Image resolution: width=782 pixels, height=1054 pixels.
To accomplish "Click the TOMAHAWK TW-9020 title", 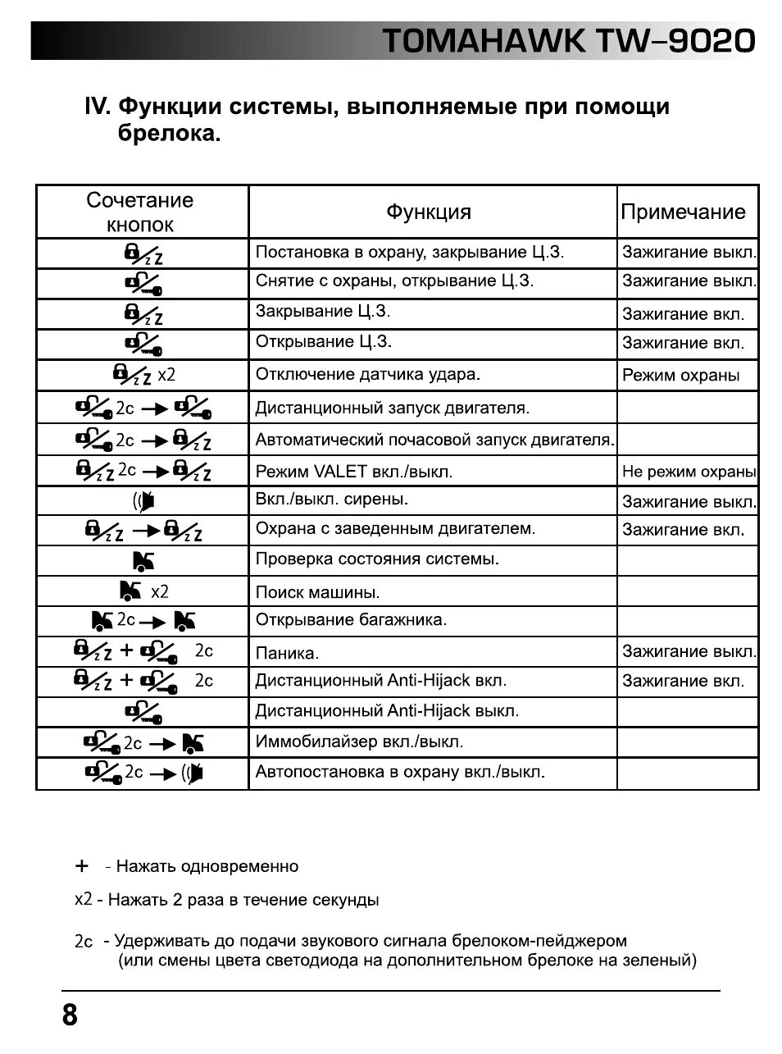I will pyautogui.click(x=568, y=40).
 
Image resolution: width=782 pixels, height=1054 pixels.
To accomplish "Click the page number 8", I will pyautogui.click(x=70, y=1015).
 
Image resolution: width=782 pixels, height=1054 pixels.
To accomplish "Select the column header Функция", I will pyautogui.click(x=429, y=212).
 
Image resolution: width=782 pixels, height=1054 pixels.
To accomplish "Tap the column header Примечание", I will pyautogui.click(x=683, y=212).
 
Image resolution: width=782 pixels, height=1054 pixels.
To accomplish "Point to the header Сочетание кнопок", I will pyautogui.click(x=140, y=212).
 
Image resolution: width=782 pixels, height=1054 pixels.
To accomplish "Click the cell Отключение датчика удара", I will pyautogui.click(x=367, y=375).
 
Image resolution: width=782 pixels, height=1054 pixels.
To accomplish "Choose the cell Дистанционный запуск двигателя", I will pyautogui.click(x=392, y=408).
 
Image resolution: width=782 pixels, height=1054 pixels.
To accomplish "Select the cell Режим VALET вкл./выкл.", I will pyautogui.click(x=353, y=472).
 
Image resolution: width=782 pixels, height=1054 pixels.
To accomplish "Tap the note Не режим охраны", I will pyautogui.click(x=689, y=472).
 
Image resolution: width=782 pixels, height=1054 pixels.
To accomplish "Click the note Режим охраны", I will pyautogui.click(x=680, y=376).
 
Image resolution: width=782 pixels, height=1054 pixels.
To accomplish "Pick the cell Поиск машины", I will pyautogui.click(x=317, y=592).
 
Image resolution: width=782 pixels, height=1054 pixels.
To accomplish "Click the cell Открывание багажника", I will pyautogui.click(x=351, y=620).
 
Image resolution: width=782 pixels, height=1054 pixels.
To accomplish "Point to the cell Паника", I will pyautogui.click(x=287, y=654).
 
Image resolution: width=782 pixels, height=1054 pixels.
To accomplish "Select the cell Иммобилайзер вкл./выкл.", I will pyautogui.click(x=359, y=742).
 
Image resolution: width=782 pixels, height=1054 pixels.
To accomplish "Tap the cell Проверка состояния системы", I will pyautogui.click(x=377, y=559).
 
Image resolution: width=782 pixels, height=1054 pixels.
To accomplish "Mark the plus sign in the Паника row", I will pyautogui.click(x=126, y=651).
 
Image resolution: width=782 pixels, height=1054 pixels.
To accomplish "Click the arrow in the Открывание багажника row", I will pyautogui.click(x=155, y=622).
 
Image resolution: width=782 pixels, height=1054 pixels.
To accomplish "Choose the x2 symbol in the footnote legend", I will pyautogui.click(x=83, y=900).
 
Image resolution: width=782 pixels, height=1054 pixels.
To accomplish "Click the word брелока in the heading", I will pyautogui.click(x=169, y=134).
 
